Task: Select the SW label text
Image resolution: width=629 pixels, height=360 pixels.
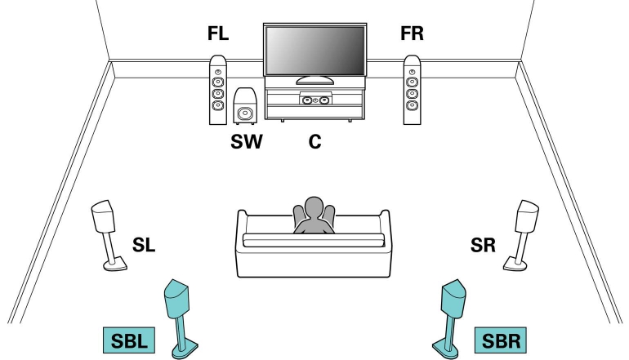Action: tap(246, 141)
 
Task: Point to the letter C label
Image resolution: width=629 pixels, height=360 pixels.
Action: tap(314, 141)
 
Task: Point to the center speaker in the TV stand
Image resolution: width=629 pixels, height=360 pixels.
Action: tap(314, 100)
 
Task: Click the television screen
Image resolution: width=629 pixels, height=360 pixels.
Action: tap(314, 49)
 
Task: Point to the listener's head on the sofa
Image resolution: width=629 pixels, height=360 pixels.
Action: tap(313, 208)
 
